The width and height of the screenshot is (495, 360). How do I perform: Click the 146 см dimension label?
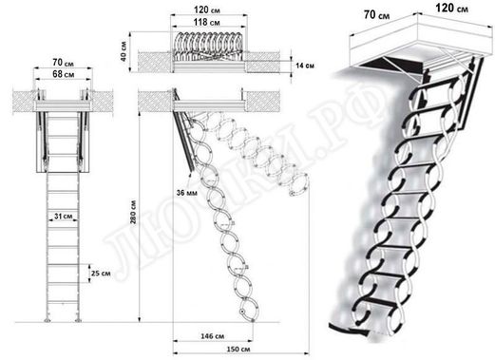tap(213, 336)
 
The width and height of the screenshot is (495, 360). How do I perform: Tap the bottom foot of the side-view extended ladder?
tap(245, 310)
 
